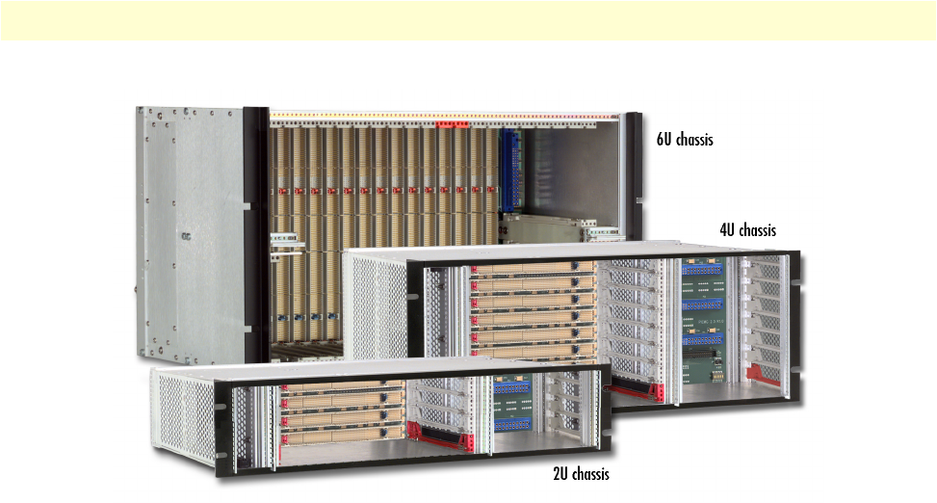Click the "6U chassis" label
[x=685, y=140]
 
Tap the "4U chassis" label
[x=747, y=230]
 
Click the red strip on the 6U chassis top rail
[x=451, y=124]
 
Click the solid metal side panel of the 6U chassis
[x=189, y=231]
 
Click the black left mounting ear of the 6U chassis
[x=254, y=231]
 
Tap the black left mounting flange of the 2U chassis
[x=222, y=424]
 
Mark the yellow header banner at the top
[x=468, y=20]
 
